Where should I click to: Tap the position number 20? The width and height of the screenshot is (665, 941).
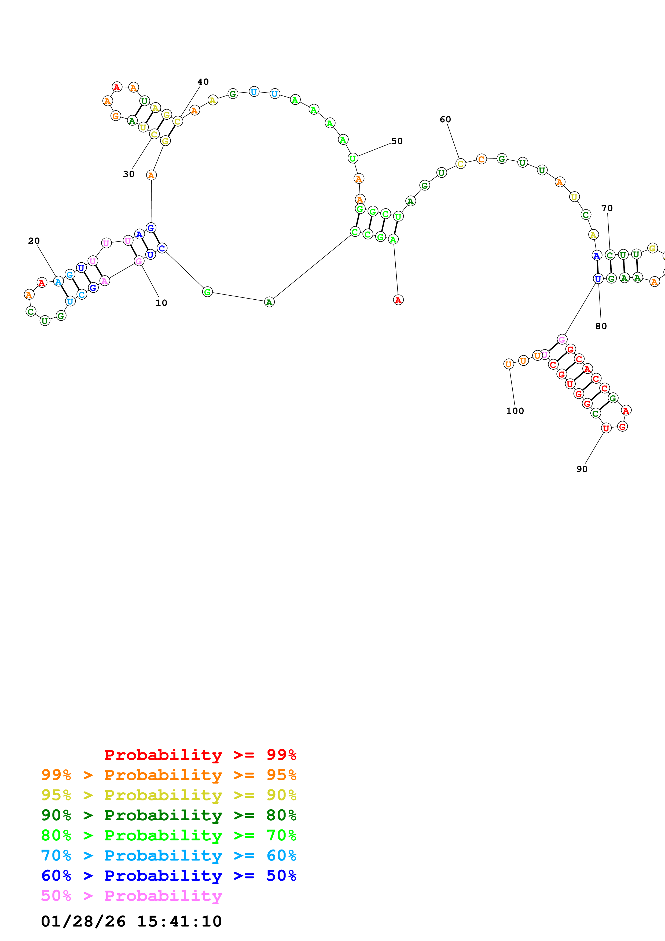coord(34,241)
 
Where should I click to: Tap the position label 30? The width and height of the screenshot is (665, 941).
coord(129,174)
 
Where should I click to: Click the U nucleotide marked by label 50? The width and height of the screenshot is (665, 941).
coord(352,158)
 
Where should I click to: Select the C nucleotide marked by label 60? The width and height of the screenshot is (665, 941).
coord(461,164)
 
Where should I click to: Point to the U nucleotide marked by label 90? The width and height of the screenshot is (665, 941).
coord(606,428)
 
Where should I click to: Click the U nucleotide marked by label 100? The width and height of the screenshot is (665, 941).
coord(509,364)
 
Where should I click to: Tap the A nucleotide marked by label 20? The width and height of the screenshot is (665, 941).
coord(58,282)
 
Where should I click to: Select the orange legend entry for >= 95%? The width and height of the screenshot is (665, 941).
coord(168,775)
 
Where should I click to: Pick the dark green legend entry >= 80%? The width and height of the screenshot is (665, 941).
coord(168,815)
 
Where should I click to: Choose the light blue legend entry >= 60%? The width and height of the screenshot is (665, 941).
coord(168,855)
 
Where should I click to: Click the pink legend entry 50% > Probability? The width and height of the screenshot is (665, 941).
coord(131,895)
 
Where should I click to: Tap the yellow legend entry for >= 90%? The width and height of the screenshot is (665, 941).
coord(168,795)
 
